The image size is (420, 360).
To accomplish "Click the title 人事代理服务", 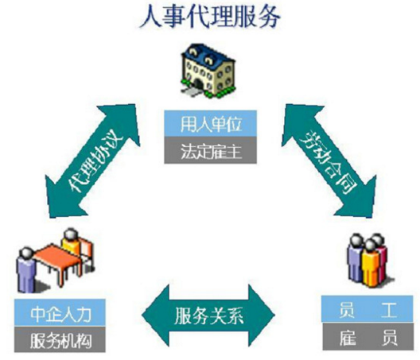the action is click(x=210, y=17).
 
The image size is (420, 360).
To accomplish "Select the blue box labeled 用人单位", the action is click(x=210, y=124).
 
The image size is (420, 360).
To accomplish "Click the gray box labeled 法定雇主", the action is click(x=210, y=150).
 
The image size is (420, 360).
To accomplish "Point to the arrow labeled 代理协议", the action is click(x=93, y=161).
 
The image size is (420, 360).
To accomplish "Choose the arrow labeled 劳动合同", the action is click(x=329, y=161).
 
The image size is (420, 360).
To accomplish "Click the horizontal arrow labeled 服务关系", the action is click(x=208, y=315).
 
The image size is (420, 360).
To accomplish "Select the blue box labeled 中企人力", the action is click(x=60, y=312).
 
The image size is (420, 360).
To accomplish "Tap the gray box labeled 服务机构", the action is click(x=60, y=339).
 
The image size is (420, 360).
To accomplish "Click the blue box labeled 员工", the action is click(x=367, y=309).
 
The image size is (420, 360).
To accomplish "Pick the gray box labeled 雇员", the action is click(x=367, y=336).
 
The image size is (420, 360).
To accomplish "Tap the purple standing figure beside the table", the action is click(x=25, y=269).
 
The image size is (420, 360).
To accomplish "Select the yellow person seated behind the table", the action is click(x=71, y=241).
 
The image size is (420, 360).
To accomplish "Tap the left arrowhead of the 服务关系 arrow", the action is click(x=155, y=315).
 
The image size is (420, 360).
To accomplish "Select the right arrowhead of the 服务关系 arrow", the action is click(x=262, y=315).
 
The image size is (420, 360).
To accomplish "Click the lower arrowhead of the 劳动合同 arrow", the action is click(x=359, y=199).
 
